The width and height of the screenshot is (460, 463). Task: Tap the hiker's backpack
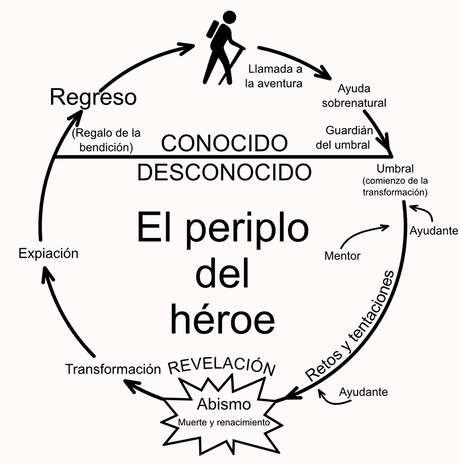pos(213,29)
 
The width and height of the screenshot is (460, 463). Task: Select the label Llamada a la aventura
pos(274,76)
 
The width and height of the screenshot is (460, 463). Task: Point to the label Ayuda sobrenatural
pos(354,96)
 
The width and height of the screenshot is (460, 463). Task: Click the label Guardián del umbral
pos(344,138)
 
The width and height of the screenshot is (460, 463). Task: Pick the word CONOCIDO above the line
pos(224,143)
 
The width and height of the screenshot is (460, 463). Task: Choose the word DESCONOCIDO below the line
pos(224,172)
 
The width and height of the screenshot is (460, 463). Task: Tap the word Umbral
pos(395,169)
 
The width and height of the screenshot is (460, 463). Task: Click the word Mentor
pos(342,256)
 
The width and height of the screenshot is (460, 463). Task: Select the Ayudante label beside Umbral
pos(434,231)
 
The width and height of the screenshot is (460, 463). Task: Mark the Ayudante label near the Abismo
pos(363,392)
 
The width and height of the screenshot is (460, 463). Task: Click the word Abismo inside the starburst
pos(224,404)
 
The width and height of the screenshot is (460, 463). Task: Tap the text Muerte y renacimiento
pos(224,423)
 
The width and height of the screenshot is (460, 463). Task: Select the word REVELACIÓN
pos(222,366)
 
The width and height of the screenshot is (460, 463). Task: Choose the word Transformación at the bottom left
pos(113,369)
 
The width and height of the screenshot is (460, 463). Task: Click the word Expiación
pos(48,253)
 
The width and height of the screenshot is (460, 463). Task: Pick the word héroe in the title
pos(223,319)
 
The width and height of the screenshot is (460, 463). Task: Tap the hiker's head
pos(229,18)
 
